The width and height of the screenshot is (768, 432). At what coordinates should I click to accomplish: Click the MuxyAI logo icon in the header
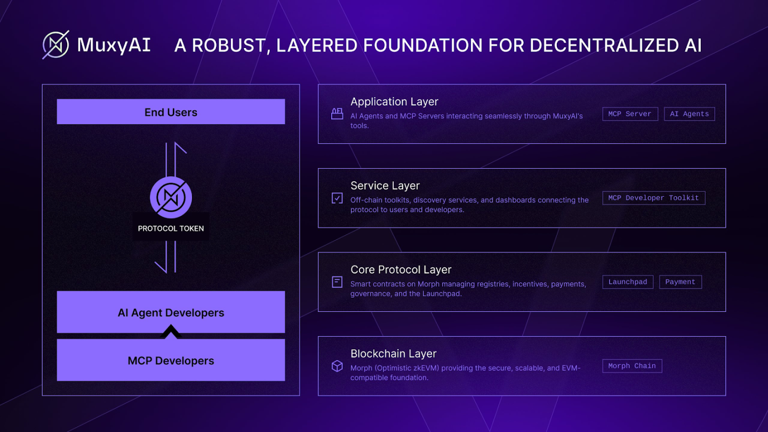coord(56,45)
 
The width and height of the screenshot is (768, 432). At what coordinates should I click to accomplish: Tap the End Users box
coord(171,112)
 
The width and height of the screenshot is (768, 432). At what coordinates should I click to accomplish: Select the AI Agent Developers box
coord(171,312)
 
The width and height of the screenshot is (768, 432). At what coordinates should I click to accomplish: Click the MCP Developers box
coord(171,360)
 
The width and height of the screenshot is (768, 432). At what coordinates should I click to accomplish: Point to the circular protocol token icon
coord(171,197)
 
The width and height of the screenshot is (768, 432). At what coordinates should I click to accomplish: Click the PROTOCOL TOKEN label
coord(171,228)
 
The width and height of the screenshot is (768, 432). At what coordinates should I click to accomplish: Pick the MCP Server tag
coord(630,114)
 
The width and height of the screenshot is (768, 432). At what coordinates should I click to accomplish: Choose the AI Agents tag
coord(690,114)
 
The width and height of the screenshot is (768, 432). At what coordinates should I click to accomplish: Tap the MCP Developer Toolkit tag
coord(654,198)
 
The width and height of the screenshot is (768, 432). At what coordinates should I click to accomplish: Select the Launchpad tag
coord(628,282)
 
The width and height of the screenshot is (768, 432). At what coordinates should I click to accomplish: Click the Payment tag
coord(681,282)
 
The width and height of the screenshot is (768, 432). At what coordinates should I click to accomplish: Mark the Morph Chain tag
coord(632,366)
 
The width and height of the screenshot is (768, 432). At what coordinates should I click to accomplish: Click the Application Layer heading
coord(394,101)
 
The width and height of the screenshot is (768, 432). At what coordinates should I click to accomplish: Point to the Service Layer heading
coord(385,186)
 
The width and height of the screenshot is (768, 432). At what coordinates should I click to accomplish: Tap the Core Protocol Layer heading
coord(401,269)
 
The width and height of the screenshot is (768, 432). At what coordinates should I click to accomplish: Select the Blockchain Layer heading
coord(393,354)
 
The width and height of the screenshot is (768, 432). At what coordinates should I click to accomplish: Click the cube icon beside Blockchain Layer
coord(337,366)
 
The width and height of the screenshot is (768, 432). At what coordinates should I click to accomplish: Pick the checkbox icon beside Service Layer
coord(337,198)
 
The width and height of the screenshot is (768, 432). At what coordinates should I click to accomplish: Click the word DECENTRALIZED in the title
coord(604,45)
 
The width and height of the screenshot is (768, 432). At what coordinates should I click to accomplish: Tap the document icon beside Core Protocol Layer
coord(337,282)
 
